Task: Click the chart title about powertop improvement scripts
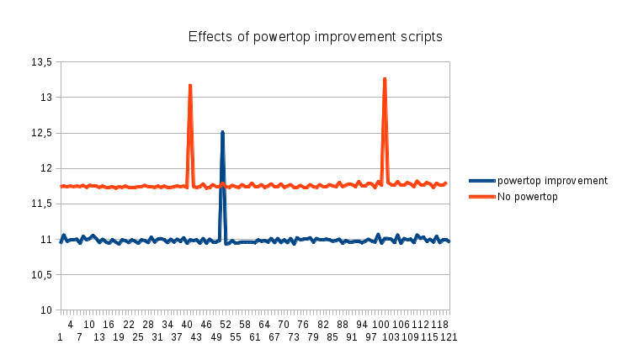(x=315, y=37)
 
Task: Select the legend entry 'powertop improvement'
(x=552, y=180)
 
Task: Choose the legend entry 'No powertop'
(x=528, y=196)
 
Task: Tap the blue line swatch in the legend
(x=482, y=180)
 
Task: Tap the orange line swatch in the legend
(x=482, y=196)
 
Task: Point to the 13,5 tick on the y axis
(x=41, y=62)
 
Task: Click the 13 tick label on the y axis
(x=46, y=98)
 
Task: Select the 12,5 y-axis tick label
(x=41, y=133)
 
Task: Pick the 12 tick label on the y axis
(x=46, y=168)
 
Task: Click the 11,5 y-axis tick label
(x=41, y=204)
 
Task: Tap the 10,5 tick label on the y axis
(x=41, y=275)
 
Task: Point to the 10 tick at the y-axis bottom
(x=46, y=310)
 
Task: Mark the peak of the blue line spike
(x=222, y=132)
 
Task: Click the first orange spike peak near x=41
(x=190, y=85)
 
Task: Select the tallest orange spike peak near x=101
(x=385, y=79)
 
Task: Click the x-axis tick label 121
(x=449, y=336)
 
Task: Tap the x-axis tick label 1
(x=61, y=336)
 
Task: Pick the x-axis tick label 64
(x=264, y=324)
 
